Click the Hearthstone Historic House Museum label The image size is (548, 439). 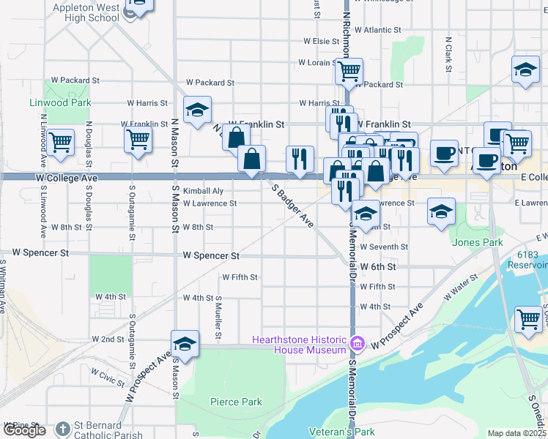(x=299, y=344)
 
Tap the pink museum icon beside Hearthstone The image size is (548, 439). (x=357, y=342)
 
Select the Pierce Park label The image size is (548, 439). (x=236, y=402)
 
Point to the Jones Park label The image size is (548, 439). (x=478, y=242)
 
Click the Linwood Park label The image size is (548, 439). (x=60, y=102)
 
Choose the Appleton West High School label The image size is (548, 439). (x=86, y=13)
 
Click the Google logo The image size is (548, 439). (x=24, y=430)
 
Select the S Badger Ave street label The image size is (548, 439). (x=293, y=205)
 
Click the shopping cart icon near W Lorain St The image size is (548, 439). (x=349, y=71)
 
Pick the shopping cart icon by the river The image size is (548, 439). (x=527, y=319)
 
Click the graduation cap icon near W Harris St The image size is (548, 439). (x=197, y=110)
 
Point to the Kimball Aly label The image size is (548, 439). (x=203, y=190)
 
